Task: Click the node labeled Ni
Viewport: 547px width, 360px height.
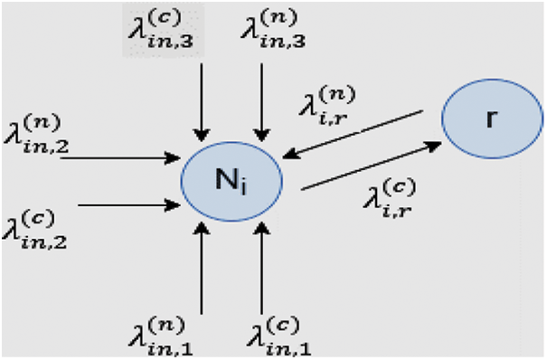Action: point(231,176)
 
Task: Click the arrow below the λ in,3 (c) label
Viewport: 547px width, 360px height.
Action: point(203,104)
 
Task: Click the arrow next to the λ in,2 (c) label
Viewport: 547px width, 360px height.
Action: point(131,205)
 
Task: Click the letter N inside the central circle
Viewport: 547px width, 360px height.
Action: point(226,175)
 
